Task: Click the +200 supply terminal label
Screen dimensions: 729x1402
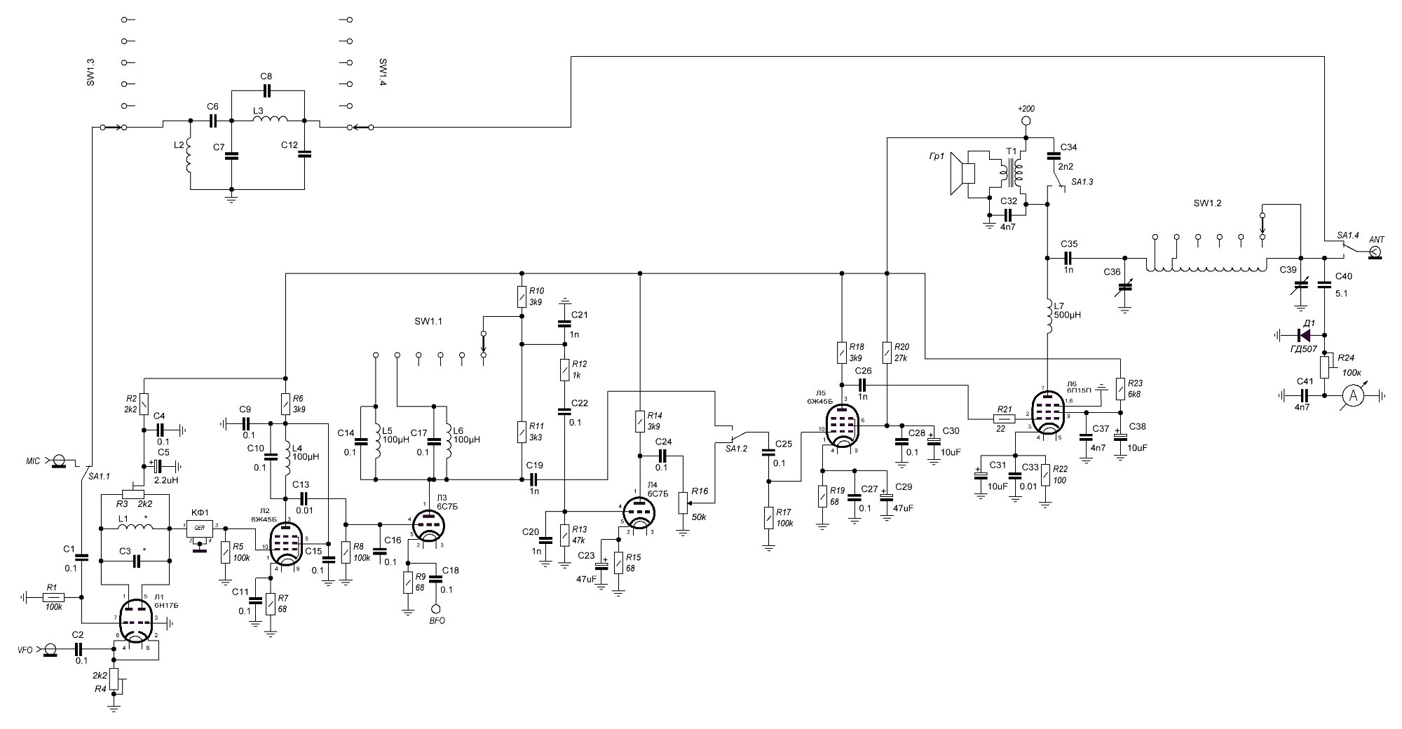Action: point(1026,109)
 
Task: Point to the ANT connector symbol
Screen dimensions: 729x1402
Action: point(1375,251)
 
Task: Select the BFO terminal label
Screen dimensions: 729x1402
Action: point(437,620)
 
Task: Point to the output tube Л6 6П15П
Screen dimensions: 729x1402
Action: point(1047,414)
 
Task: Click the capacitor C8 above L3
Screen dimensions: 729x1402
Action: point(266,90)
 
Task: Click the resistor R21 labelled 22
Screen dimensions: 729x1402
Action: point(1004,419)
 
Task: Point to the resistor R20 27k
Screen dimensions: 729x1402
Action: point(887,352)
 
